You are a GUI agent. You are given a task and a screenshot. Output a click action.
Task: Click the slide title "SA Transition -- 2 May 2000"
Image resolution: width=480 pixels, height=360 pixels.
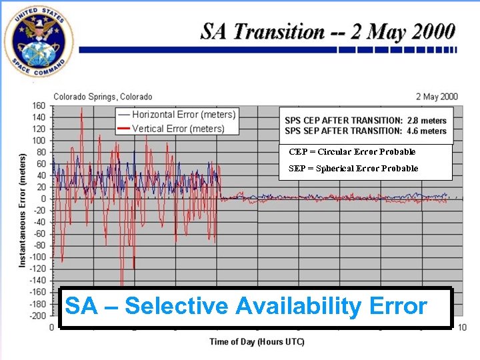[328, 32]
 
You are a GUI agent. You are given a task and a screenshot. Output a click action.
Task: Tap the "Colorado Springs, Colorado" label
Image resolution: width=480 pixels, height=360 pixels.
[103, 97]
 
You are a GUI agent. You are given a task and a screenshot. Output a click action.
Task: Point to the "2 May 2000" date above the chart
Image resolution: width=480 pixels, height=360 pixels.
[437, 97]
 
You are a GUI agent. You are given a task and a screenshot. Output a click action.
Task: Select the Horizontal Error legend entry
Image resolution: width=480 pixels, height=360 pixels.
[177, 115]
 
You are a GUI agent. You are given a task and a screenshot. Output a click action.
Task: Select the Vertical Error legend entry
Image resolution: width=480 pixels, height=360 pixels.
[171, 129]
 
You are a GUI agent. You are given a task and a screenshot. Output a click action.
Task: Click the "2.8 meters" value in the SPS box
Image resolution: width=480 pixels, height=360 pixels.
[427, 121]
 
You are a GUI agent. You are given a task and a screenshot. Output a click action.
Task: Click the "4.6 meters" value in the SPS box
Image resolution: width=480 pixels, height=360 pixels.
[427, 131]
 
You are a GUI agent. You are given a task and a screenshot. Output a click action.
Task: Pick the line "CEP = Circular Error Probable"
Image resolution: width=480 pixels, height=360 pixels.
[352, 152]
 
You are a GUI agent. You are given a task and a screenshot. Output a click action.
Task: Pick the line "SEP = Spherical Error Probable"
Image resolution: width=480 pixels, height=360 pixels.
[353, 169]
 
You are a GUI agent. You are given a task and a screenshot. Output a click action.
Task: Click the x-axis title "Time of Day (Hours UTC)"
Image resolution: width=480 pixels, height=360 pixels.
[257, 342]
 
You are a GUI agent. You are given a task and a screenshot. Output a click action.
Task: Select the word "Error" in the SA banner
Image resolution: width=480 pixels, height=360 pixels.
[396, 306]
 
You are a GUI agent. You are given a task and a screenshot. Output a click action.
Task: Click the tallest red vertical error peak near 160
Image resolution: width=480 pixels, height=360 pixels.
[81, 109]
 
